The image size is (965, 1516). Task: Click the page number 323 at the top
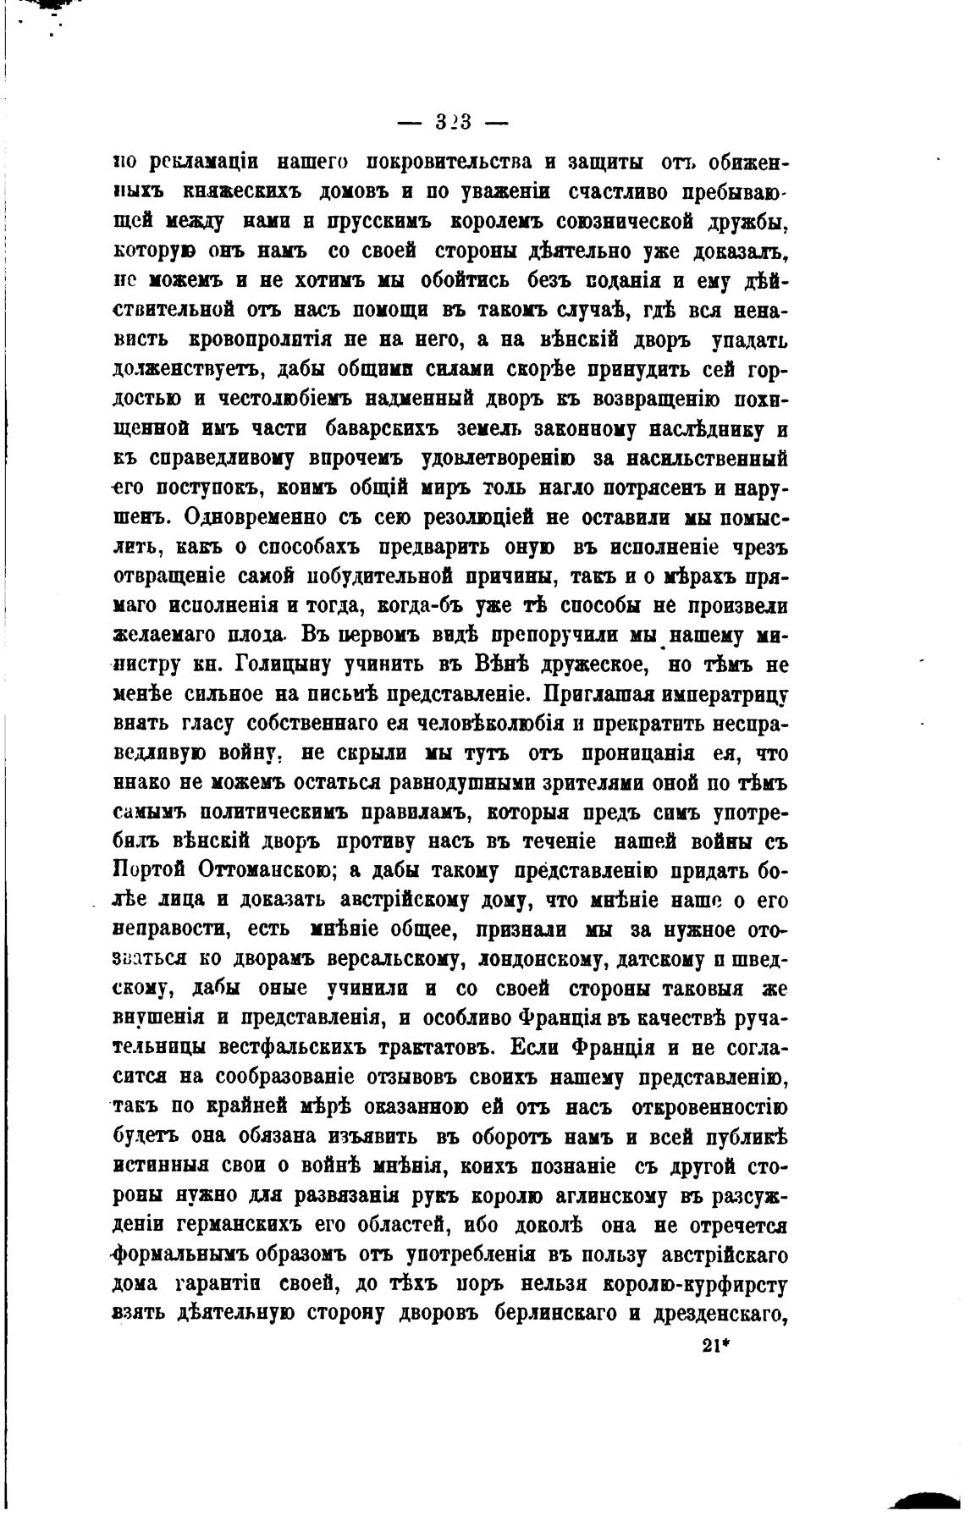[x=453, y=123]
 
